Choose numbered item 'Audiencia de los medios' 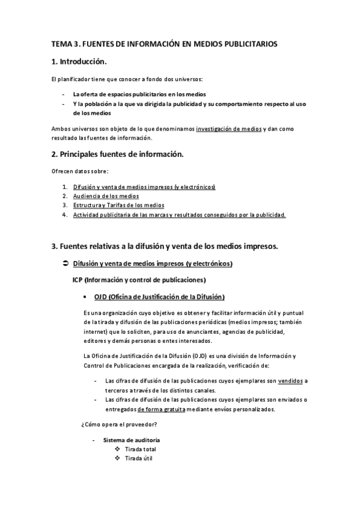[106, 196]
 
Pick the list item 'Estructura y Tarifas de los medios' [114, 205]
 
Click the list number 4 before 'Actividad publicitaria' [64, 215]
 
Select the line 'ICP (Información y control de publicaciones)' [139, 280]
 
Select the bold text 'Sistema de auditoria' [131, 440]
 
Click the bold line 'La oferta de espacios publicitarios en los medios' [139, 94]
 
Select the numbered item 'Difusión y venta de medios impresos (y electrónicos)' [144, 187]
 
